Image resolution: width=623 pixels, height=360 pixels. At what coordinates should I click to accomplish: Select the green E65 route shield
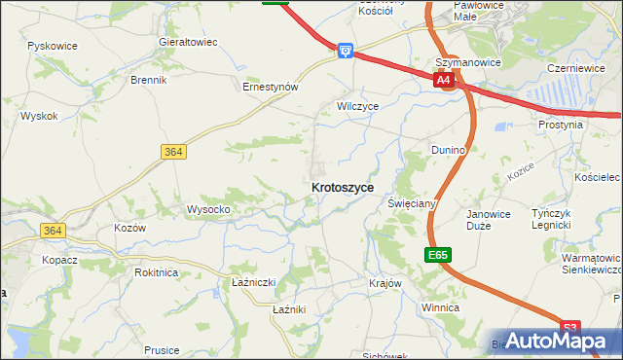pyautogui.click(x=437, y=255)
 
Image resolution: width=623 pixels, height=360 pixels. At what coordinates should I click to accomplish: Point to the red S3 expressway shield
pyautogui.click(x=570, y=328)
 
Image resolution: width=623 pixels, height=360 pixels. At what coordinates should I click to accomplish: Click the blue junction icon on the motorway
pyautogui.click(x=345, y=50)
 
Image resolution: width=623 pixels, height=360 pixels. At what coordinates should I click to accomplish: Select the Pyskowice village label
pyautogui.click(x=53, y=46)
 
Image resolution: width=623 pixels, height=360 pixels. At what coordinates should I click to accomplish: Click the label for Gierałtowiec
pyautogui.click(x=188, y=43)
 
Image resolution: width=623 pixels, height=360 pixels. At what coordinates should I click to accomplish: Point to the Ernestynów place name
pyautogui.click(x=270, y=86)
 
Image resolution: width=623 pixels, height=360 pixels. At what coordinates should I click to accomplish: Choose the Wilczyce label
pyautogui.click(x=357, y=105)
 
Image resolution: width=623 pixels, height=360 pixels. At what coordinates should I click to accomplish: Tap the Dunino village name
pyautogui.click(x=449, y=150)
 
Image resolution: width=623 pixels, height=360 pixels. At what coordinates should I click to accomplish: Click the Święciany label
pyautogui.click(x=411, y=203)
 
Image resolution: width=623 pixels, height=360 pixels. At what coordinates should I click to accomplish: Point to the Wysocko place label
pyautogui.click(x=208, y=209)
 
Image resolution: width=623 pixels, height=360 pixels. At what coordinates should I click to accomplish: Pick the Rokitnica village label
pyautogui.click(x=156, y=272)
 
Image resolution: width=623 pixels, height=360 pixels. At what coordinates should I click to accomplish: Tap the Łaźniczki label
pyautogui.click(x=254, y=282)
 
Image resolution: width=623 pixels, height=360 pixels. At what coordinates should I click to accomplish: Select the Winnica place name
pyautogui.click(x=440, y=306)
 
